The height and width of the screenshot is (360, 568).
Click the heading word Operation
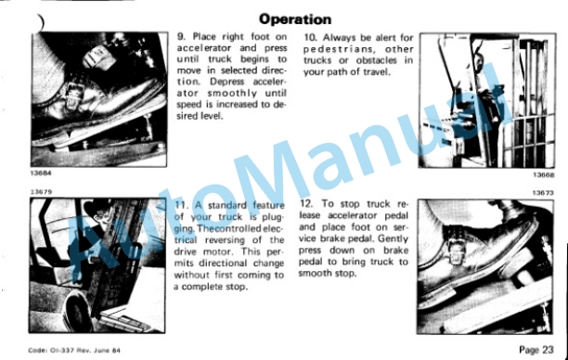pos(295,19)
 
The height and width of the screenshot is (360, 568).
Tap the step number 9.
pos(181,36)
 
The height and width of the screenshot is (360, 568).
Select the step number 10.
pos(310,38)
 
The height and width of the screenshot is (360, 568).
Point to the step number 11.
pos(182,205)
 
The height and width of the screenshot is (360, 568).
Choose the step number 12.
pos(306,204)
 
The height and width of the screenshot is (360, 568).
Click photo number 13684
pos(41,174)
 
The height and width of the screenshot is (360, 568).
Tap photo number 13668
pos(543,175)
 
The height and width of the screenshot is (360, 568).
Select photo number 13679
pos(41,192)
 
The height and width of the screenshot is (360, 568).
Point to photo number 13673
pos(543,193)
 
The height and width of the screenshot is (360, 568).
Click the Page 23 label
pos(536,350)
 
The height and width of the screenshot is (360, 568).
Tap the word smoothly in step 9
pos(232,93)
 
